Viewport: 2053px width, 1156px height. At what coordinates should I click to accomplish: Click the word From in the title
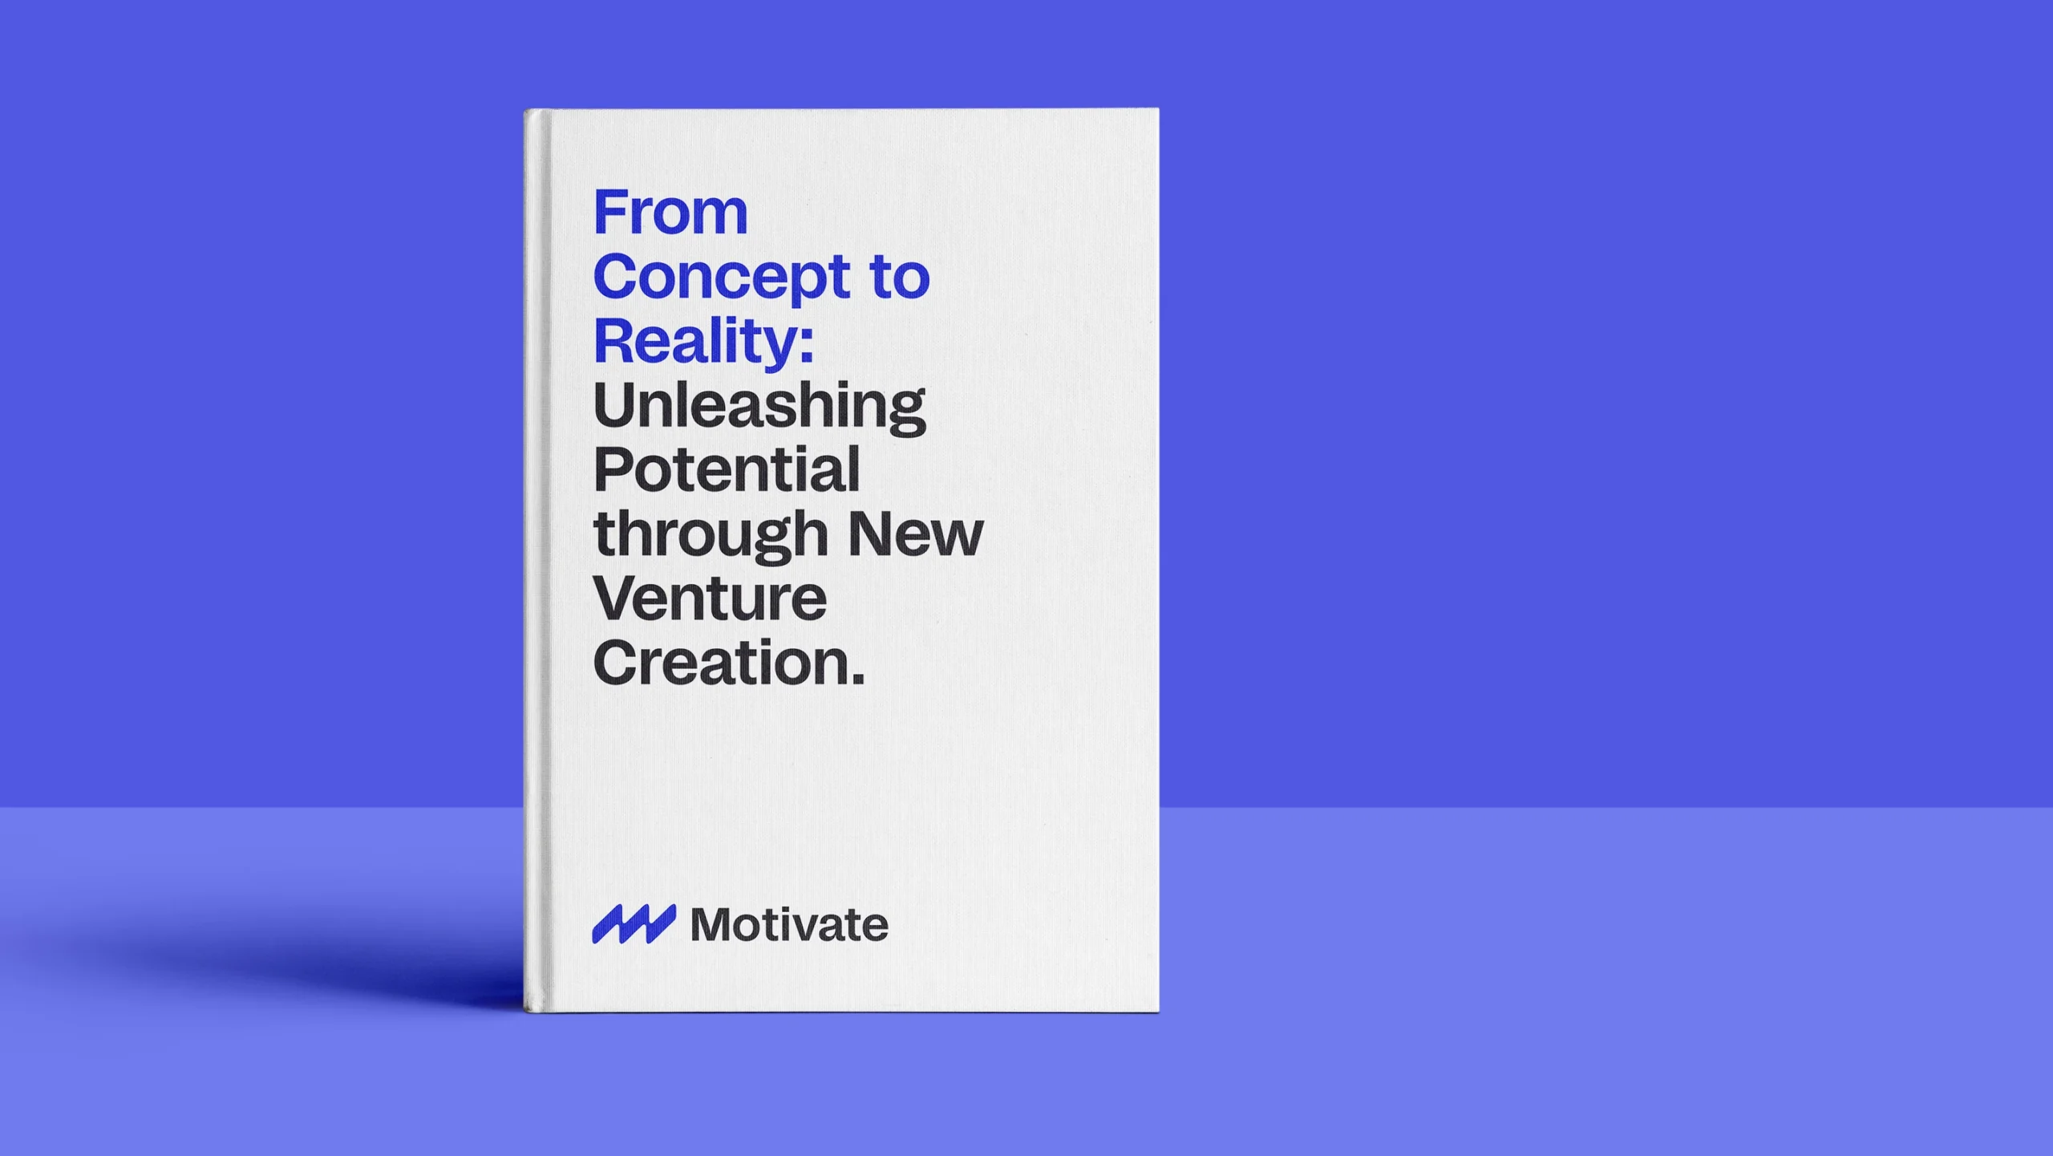[x=670, y=213]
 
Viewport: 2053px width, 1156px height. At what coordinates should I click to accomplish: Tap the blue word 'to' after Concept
[x=900, y=277]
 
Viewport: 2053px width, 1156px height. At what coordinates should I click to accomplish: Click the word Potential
[x=727, y=469]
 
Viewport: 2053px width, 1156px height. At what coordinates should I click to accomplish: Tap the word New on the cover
[x=915, y=534]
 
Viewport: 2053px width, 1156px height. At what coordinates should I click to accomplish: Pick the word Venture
[x=710, y=598]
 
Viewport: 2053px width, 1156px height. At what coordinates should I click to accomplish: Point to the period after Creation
[x=858, y=679]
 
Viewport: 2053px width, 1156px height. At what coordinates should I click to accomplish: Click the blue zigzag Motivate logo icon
[x=634, y=924]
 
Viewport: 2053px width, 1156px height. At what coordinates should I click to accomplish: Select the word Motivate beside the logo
[x=789, y=925]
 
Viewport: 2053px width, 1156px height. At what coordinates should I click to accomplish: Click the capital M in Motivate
[x=712, y=925]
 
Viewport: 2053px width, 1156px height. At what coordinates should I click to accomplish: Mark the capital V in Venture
[x=617, y=598]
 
